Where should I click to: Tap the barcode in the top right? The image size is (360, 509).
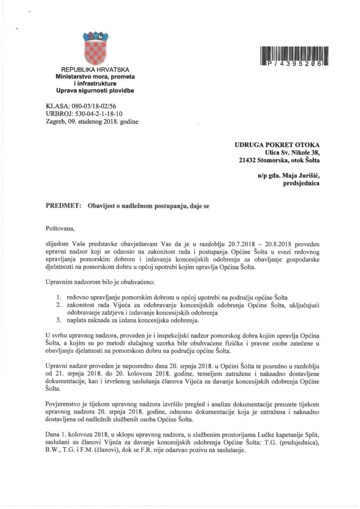(x=293, y=56)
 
